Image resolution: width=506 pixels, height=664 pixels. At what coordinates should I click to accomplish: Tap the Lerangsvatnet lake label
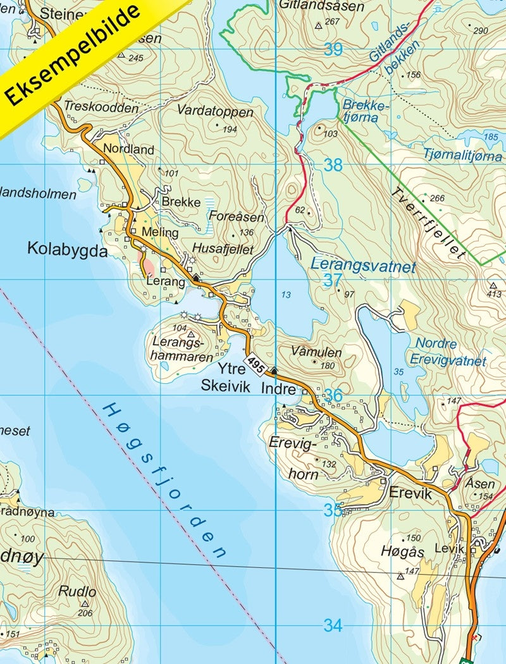pos(363,266)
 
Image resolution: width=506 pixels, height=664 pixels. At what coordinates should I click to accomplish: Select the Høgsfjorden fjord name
pos(164,481)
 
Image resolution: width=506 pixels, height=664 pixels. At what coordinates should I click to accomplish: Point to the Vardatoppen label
pos(215,112)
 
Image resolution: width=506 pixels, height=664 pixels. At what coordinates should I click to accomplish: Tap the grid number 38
pos(333,166)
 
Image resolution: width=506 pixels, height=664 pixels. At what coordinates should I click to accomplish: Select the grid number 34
pos(333,625)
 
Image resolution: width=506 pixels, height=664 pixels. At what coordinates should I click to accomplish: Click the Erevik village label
pos(410,494)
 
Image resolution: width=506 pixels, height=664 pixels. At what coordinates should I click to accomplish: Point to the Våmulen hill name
pos(316,352)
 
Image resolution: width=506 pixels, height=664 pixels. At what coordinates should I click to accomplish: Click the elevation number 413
pos(494,294)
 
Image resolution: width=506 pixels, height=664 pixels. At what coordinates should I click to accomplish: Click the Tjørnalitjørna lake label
pos(464,156)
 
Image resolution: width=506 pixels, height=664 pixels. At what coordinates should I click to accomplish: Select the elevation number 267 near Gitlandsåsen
pos(332,22)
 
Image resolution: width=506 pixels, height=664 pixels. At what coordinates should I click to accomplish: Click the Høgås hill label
pos(402,551)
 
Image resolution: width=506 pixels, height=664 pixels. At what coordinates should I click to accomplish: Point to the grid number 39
pos(333,49)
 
